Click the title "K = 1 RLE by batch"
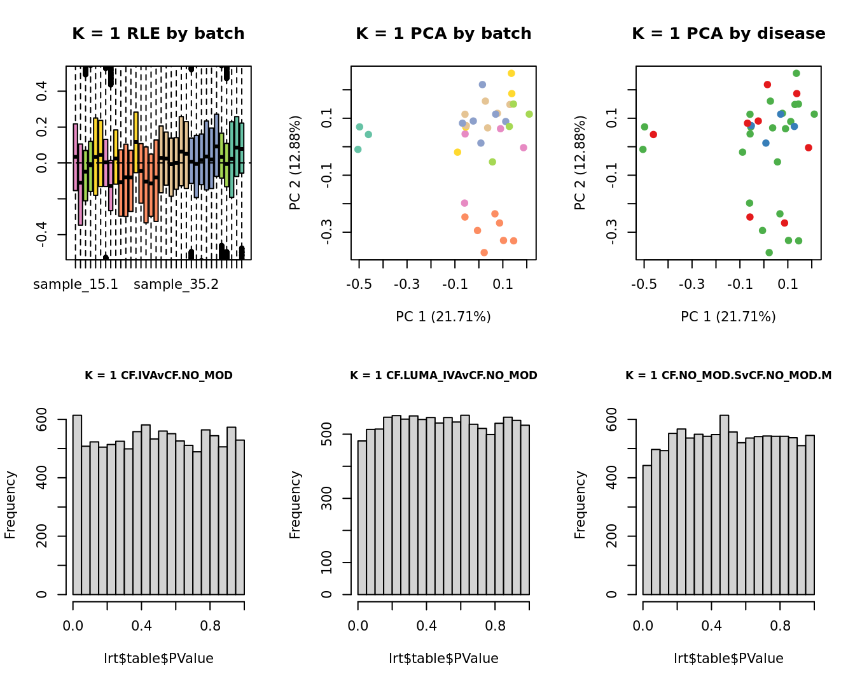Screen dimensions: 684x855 [x=158, y=34]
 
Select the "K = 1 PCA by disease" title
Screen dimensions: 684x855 [x=728, y=34]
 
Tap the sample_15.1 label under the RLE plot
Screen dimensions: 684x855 [x=76, y=284]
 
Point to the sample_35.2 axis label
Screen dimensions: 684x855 [x=176, y=284]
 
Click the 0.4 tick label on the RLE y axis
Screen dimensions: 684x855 [x=42, y=91]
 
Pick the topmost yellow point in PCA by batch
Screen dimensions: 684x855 [x=511, y=73]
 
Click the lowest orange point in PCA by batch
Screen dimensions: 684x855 [x=484, y=253]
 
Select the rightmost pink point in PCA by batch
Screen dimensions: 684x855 [x=524, y=148]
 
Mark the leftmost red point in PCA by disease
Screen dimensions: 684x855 [x=653, y=134]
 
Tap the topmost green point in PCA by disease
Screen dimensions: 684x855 [x=796, y=73]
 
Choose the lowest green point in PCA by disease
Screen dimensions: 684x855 [x=769, y=253]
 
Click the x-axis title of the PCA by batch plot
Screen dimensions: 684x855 [x=443, y=317]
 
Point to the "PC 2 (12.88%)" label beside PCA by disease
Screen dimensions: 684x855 [x=580, y=163]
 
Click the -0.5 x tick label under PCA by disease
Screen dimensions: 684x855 [x=644, y=284]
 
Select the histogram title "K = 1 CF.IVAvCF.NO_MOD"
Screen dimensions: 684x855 [x=158, y=375]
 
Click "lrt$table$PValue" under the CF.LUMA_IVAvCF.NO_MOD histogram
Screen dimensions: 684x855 [x=443, y=659]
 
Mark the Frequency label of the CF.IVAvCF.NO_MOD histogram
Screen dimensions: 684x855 [x=10, y=505]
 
